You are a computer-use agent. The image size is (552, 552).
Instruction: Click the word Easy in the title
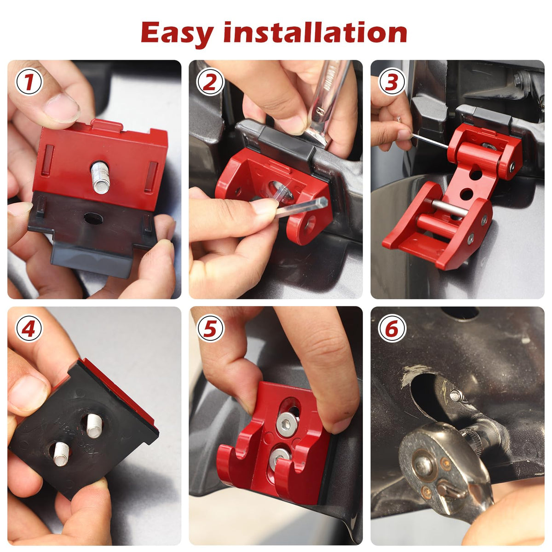coord(177,34)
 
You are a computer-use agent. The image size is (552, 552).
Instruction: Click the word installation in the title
coord(315,32)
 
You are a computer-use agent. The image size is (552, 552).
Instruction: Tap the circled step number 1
coord(29,82)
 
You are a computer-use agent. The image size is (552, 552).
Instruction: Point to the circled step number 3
coord(392,82)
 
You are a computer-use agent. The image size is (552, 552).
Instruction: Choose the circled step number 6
coord(392,329)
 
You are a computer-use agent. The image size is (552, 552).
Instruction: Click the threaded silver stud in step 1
coord(101,177)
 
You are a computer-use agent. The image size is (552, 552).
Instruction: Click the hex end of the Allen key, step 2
coord(322,202)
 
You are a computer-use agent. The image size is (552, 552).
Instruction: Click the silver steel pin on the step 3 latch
coord(450,208)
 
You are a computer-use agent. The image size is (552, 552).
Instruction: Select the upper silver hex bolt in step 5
coord(287,424)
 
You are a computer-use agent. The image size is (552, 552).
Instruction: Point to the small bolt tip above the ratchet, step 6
coord(455,395)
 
